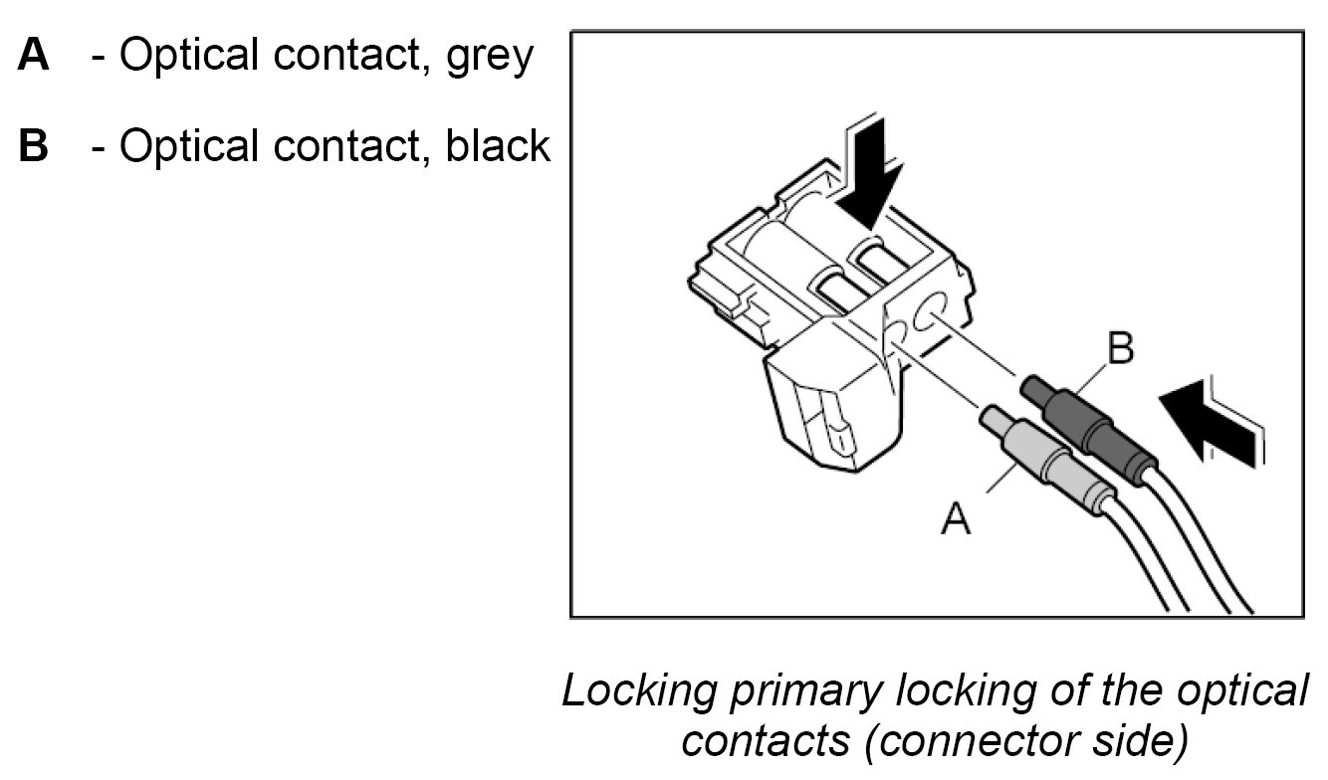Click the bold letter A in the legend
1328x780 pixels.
click(33, 56)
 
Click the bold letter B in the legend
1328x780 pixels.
click(33, 145)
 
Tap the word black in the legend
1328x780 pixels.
click(498, 145)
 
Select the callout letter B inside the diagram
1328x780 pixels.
click(1119, 351)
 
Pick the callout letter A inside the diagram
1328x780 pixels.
click(956, 517)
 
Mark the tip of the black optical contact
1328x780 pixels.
click(1032, 384)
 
